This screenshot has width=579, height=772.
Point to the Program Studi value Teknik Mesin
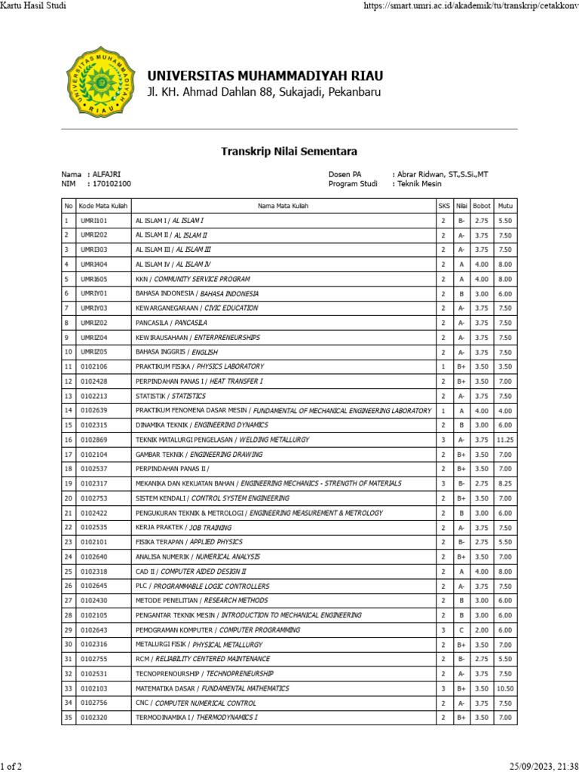tap(419, 183)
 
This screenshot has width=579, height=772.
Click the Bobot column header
tap(482, 206)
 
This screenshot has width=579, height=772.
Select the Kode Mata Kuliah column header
tap(103, 206)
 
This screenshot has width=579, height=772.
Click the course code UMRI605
tap(95, 279)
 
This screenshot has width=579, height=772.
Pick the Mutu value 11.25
tap(505, 440)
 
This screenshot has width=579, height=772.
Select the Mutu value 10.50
tap(505, 688)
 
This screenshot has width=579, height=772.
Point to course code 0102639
tap(94, 411)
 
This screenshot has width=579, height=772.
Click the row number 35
tap(68, 718)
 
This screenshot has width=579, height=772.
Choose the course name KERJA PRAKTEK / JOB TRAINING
tap(183, 528)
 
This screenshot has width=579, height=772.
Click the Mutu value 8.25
tap(505, 483)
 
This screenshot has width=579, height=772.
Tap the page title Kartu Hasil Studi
tap(33, 6)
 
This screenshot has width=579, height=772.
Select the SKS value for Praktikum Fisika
tap(443, 366)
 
